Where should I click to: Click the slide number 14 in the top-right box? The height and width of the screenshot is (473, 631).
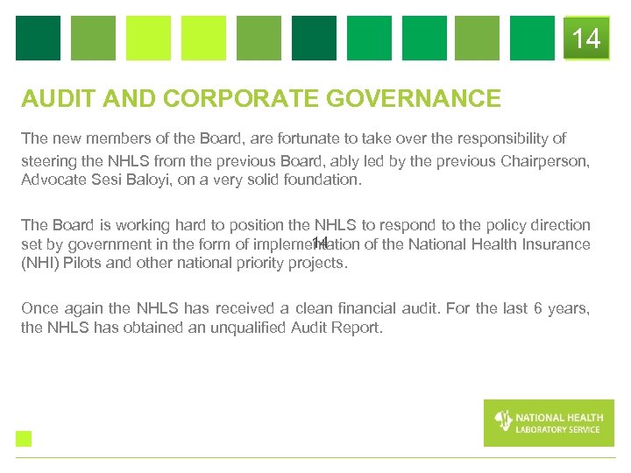[x=586, y=39]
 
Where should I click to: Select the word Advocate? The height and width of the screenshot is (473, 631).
[x=51, y=180]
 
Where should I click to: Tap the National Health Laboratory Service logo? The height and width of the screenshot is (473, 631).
[x=549, y=422]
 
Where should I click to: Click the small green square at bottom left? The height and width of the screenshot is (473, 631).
[x=24, y=439]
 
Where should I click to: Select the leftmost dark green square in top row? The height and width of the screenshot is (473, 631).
[x=38, y=39]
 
